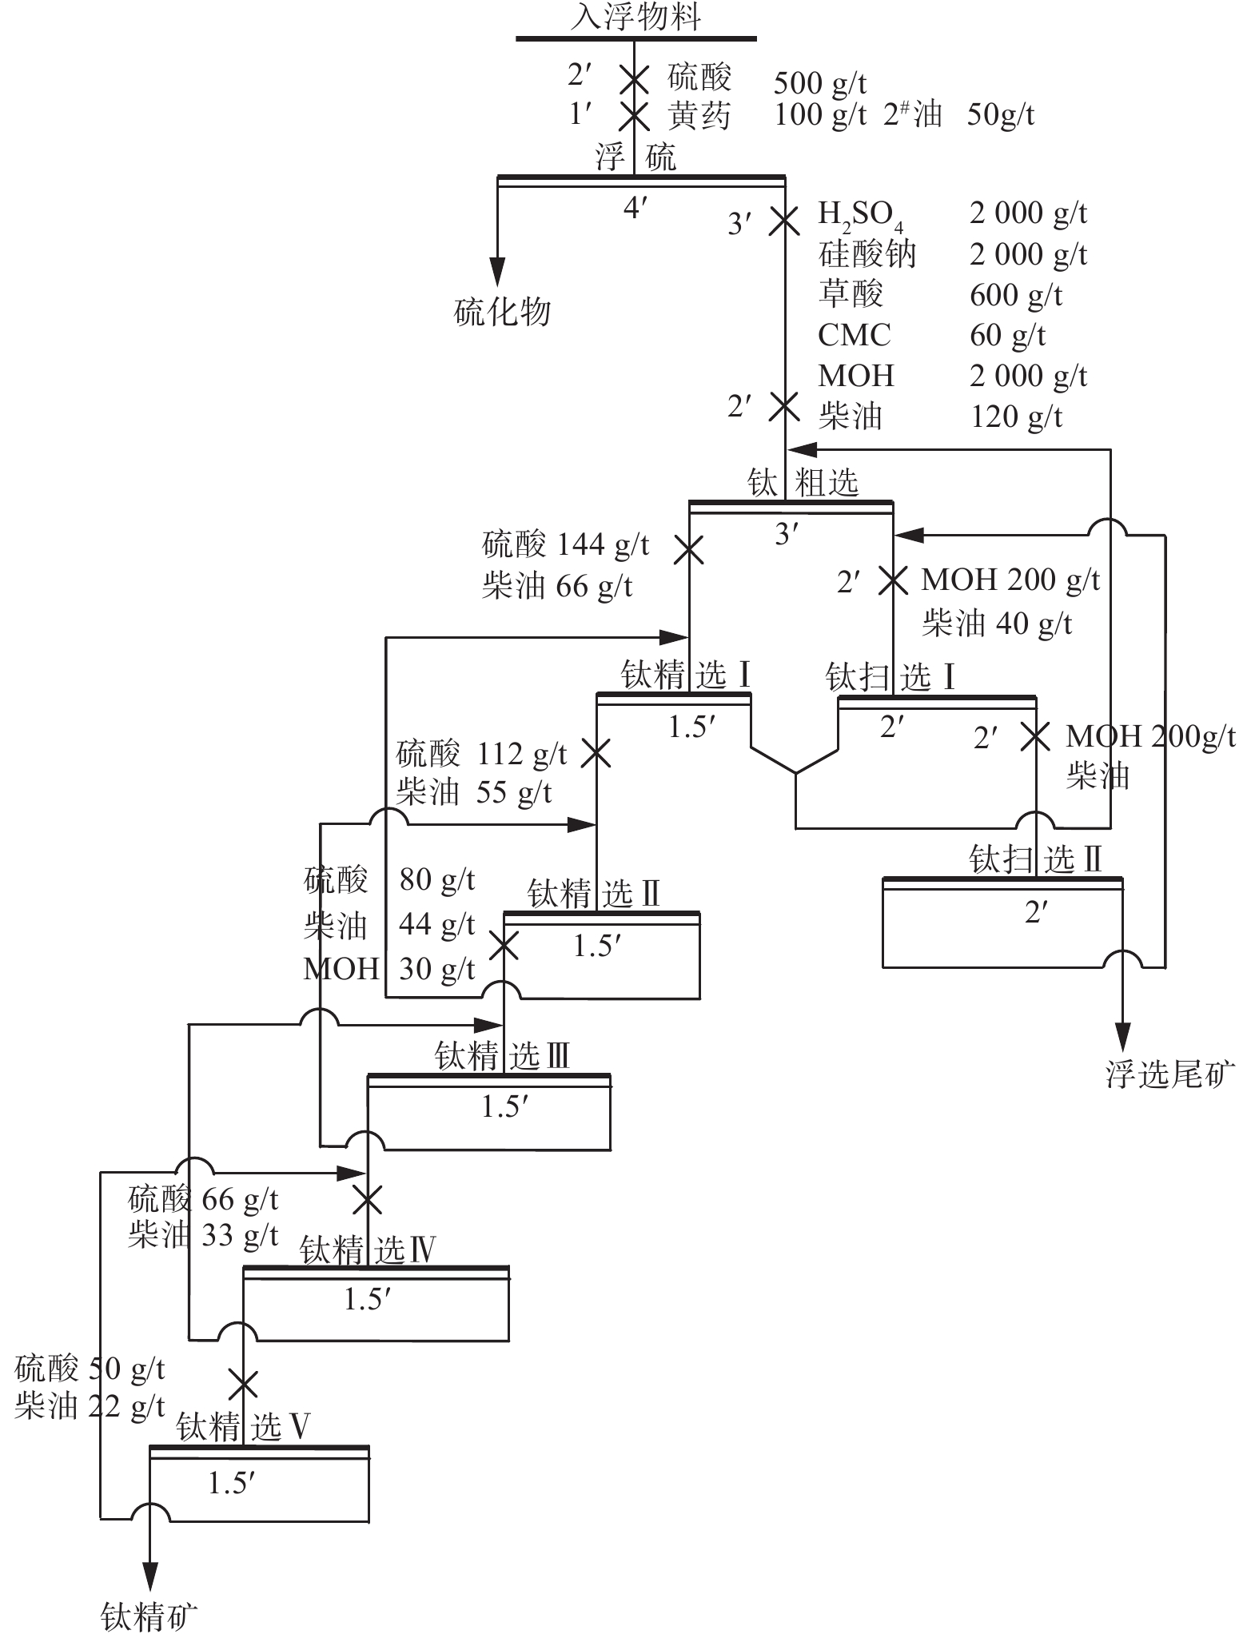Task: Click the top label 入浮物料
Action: point(635,17)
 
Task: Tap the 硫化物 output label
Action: point(502,311)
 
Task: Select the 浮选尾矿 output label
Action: point(1170,1074)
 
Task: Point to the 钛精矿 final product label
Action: point(149,1616)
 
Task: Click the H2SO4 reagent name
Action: point(860,214)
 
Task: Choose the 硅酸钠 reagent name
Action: point(867,254)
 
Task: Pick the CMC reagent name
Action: point(854,335)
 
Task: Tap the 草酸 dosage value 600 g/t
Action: point(1015,295)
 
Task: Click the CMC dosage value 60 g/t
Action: point(1007,335)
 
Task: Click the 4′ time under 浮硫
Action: point(635,208)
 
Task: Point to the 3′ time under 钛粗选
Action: point(787,533)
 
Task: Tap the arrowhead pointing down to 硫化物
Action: point(498,270)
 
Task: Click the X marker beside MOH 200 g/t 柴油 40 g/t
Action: point(893,580)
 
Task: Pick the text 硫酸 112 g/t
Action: point(481,753)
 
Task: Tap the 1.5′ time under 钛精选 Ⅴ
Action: point(231,1483)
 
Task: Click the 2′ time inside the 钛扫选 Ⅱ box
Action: point(1036,911)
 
